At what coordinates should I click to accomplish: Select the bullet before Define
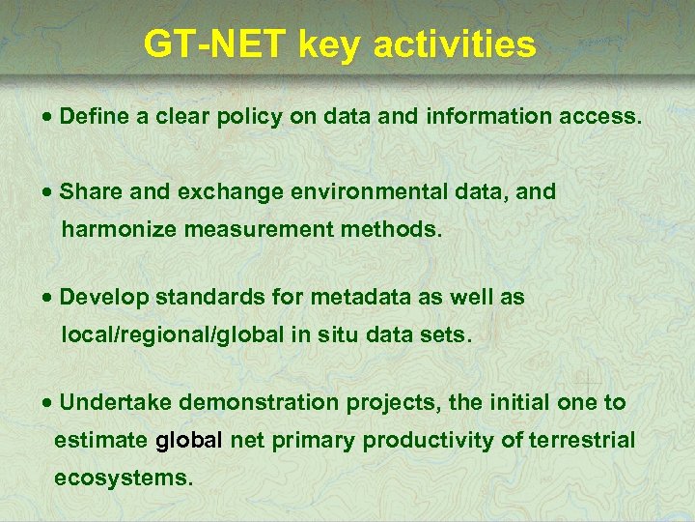click(48, 118)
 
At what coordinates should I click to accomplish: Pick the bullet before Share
click(48, 192)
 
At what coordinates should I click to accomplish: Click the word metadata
click(361, 298)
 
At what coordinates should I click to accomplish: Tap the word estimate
click(100, 441)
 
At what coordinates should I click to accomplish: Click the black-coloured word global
click(189, 441)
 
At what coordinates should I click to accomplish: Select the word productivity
click(428, 441)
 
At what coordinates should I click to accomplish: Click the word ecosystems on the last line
click(124, 478)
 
